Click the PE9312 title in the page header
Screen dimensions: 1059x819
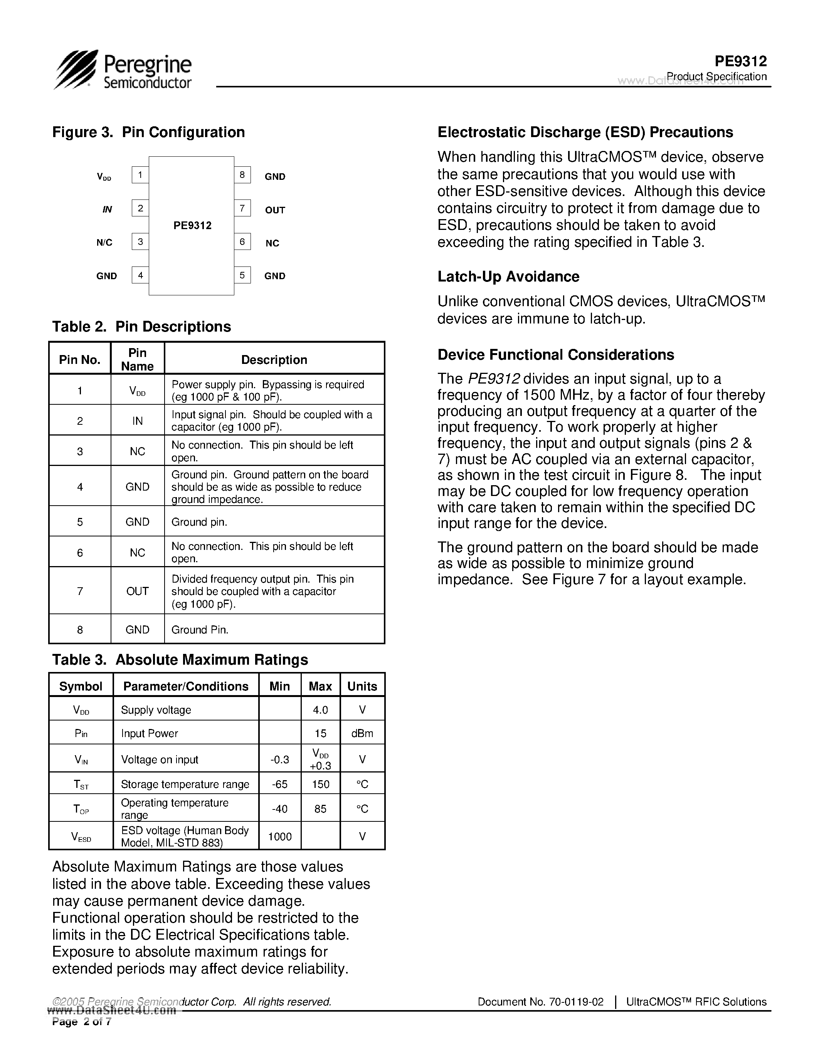740,61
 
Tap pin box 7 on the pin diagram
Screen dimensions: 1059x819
242,208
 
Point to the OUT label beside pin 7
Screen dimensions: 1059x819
275,210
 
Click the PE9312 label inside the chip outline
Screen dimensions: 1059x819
193,226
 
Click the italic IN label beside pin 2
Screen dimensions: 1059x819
107,209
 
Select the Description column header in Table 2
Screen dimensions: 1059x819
274,360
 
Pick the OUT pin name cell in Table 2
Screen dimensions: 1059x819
137,591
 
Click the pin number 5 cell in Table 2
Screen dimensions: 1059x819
80,522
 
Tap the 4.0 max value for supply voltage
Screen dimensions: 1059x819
320,710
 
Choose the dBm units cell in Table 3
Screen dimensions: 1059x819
362,733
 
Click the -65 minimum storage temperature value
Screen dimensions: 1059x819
279,784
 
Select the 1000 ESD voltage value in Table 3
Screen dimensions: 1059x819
279,836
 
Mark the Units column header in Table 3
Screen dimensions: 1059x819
362,686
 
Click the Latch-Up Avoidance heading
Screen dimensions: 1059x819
508,276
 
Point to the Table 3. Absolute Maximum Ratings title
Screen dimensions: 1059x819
180,659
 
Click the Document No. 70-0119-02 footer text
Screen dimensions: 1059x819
540,1002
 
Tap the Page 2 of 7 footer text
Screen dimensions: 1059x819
81,1022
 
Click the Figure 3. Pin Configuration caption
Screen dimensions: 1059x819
148,132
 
